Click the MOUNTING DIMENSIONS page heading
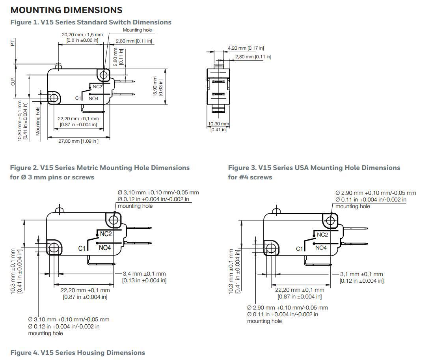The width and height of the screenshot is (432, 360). [x=66, y=10]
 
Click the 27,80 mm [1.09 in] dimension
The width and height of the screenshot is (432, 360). [x=78, y=141]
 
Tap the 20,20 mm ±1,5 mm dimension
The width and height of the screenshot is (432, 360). [x=82, y=35]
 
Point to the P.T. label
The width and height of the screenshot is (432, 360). [x=12, y=43]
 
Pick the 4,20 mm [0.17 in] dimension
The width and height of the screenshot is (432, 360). [x=246, y=48]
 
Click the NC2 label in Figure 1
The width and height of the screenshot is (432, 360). [x=98, y=86]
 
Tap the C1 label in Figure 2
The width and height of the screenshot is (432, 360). [x=82, y=248]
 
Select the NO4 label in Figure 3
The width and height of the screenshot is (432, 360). [x=321, y=248]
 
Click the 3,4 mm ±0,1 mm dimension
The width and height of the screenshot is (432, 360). [x=144, y=274]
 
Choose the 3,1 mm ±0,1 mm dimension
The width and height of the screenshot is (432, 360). [x=361, y=274]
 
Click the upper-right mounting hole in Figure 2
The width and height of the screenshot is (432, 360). [x=114, y=220]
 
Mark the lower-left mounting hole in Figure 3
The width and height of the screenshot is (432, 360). [x=271, y=248]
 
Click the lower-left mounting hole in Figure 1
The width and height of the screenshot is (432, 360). [x=53, y=97]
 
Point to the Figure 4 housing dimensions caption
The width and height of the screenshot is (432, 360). [x=78, y=353]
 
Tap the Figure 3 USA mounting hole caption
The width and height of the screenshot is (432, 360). [x=314, y=172]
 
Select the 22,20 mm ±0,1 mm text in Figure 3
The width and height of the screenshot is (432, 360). [x=300, y=290]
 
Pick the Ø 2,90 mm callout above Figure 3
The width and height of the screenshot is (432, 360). [x=376, y=193]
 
